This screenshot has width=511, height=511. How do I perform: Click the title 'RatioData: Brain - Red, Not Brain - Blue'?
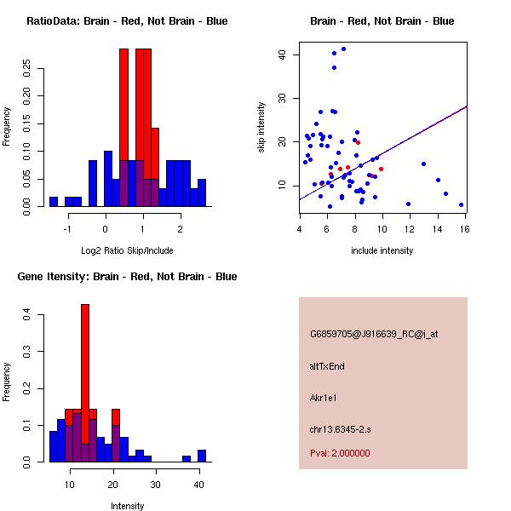(x=127, y=21)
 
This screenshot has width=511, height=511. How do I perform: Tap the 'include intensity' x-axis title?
(x=382, y=250)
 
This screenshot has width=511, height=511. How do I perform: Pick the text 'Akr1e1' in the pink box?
(x=327, y=398)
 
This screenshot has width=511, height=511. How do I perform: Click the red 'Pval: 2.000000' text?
(x=340, y=453)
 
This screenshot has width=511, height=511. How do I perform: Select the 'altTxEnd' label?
(x=327, y=366)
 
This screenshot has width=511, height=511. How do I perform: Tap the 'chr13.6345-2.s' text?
(x=340, y=428)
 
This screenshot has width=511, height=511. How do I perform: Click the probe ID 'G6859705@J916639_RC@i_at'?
(x=374, y=335)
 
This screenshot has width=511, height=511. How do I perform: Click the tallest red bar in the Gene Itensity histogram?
(x=85, y=383)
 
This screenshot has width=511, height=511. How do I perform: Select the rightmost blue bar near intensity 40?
(x=202, y=456)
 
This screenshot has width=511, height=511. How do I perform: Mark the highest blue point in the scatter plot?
(x=343, y=49)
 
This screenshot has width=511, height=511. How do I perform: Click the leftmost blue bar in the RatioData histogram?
(x=53, y=202)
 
